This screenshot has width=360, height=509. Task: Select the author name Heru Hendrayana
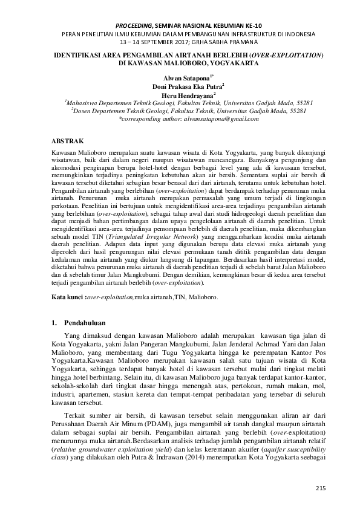point(178,96)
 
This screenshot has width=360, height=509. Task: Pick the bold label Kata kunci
point(67,298)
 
